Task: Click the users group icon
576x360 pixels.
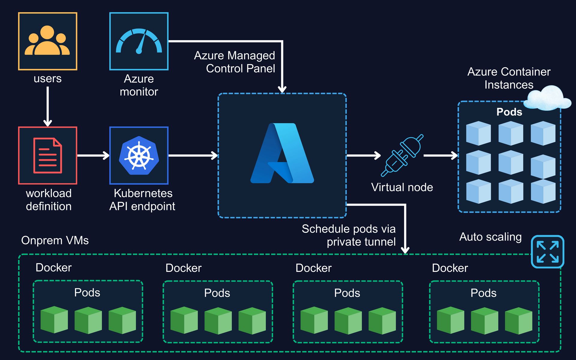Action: pos(47,41)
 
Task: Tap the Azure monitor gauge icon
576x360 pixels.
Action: pos(139,41)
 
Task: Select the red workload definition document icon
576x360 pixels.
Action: pos(47,155)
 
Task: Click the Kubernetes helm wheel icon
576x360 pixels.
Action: pos(139,155)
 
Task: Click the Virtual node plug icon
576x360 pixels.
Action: pos(402,155)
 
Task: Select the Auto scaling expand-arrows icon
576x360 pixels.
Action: pos(547,251)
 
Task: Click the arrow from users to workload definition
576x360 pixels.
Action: pos(48,106)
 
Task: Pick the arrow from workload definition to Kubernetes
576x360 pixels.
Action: pos(93,155)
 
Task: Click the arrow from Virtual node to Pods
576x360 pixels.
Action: pos(440,155)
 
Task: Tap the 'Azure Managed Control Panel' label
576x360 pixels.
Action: pos(235,62)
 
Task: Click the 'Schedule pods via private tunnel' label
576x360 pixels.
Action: pos(349,235)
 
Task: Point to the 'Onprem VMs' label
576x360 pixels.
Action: pos(55,240)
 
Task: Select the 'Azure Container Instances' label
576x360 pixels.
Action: pos(509,78)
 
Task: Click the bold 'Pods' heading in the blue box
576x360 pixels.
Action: pos(509,112)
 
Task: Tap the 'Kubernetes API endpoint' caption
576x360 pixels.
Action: pos(142,200)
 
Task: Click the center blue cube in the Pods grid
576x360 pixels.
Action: pos(511,163)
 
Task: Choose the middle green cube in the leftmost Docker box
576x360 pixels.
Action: pos(88,320)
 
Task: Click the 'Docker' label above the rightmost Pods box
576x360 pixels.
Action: pos(450,268)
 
